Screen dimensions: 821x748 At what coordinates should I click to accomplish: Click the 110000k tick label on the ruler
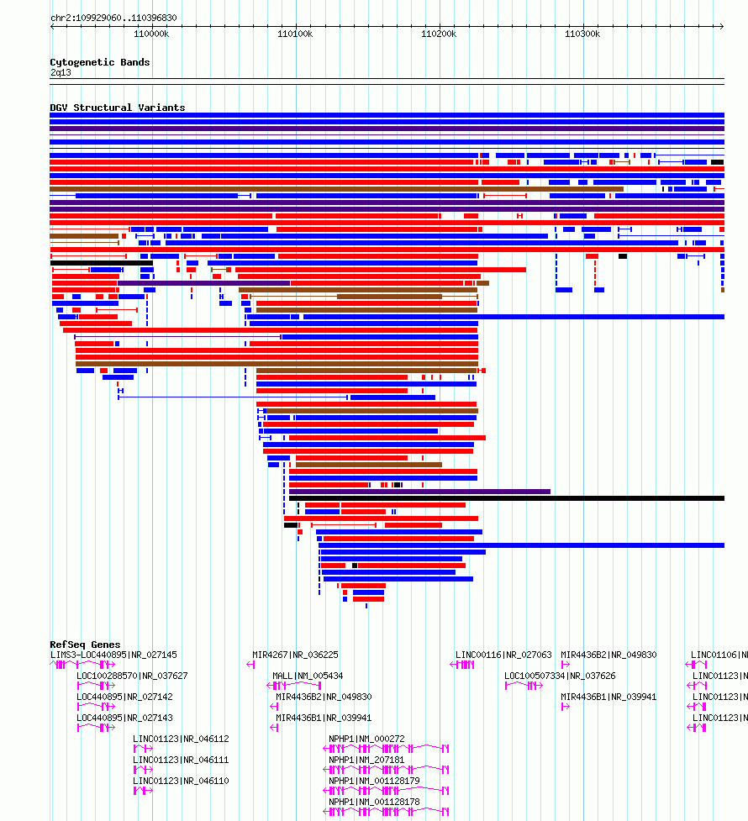(x=151, y=34)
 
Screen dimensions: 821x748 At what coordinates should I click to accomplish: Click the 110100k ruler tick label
(x=295, y=34)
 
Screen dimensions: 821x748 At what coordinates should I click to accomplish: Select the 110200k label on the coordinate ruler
(x=439, y=34)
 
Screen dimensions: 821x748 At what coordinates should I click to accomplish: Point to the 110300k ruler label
(x=582, y=34)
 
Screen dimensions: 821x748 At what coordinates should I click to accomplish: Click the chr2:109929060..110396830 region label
(x=113, y=18)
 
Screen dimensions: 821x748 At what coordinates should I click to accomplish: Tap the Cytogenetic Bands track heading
(x=100, y=62)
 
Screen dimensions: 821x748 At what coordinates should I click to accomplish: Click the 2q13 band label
(x=61, y=72)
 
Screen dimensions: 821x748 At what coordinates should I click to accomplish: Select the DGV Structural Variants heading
(x=118, y=108)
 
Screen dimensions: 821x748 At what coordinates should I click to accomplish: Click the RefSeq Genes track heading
(x=85, y=645)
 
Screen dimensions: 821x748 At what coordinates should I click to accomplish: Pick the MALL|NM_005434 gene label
(x=308, y=676)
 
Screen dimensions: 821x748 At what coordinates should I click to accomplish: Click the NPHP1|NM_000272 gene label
(x=366, y=739)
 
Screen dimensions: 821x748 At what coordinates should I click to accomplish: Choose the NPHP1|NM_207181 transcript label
(x=366, y=760)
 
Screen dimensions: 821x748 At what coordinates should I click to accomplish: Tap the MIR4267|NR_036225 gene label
(x=295, y=655)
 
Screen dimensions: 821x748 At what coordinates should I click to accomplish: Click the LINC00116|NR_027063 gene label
(x=503, y=655)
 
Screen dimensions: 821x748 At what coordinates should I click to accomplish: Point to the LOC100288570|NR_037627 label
(x=132, y=676)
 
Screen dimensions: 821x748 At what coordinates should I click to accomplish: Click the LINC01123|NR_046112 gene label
(x=181, y=739)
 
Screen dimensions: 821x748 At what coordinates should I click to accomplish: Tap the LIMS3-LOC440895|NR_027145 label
(x=113, y=655)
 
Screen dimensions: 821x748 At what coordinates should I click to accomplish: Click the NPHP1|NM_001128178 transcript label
(x=374, y=802)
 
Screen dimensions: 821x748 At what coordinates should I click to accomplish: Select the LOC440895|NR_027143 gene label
(x=124, y=718)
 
